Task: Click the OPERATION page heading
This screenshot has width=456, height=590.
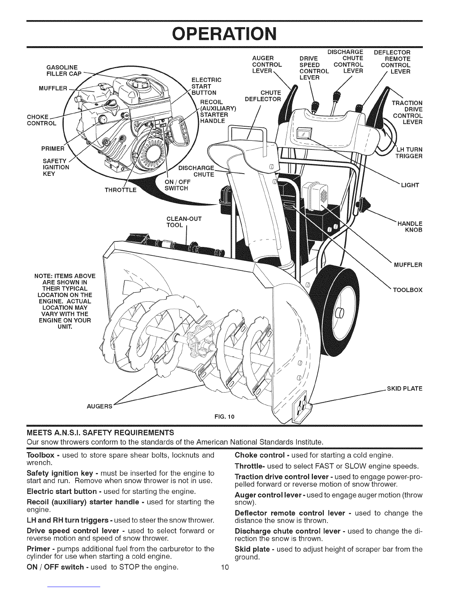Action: (224, 34)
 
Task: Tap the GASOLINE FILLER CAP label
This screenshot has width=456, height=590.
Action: (64, 70)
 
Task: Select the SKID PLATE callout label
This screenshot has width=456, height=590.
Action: (405, 388)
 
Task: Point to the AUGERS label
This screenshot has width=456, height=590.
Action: (99, 406)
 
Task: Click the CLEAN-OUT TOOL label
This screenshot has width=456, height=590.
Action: (184, 222)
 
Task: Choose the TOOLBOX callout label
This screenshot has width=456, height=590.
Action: (408, 290)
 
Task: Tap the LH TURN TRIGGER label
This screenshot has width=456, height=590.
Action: (409, 153)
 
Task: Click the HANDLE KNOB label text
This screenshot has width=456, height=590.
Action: (410, 227)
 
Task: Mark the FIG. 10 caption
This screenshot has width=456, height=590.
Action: (224, 416)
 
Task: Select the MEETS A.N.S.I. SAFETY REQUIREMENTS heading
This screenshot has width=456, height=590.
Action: (100, 432)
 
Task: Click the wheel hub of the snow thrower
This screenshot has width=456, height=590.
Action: (339, 314)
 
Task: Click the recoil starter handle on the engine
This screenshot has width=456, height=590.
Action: (181, 131)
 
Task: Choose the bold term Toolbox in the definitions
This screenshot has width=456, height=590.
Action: (41, 455)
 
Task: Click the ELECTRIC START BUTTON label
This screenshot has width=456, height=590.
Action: (206, 86)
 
